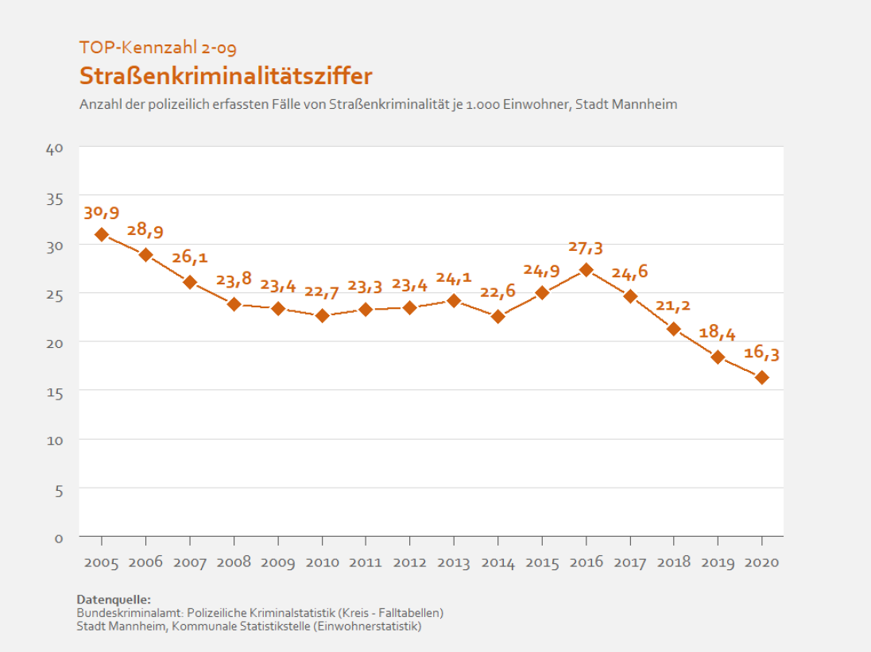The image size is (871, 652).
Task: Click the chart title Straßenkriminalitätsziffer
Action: pyautogui.click(x=226, y=76)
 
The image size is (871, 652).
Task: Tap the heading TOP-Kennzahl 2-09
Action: pyautogui.click(x=157, y=48)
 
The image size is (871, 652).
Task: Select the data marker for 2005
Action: pyautogui.click(x=102, y=234)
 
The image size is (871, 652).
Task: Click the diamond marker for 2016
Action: pyautogui.click(x=586, y=269)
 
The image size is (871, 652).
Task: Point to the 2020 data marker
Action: pyautogui.click(x=761, y=377)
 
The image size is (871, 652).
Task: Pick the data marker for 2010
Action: pyautogui.click(x=322, y=315)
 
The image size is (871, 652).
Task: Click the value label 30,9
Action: pyautogui.click(x=101, y=213)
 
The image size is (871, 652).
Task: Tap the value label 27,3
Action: pyautogui.click(x=586, y=248)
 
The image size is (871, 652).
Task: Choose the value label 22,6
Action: pyautogui.click(x=497, y=291)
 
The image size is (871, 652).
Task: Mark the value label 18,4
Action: pyautogui.click(x=718, y=333)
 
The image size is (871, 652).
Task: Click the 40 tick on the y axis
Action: pyautogui.click(x=55, y=148)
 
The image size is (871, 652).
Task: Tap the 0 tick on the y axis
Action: pyautogui.click(x=59, y=538)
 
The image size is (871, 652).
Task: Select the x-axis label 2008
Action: pyautogui.click(x=234, y=562)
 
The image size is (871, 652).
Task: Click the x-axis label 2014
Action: pyautogui.click(x=497, y=563)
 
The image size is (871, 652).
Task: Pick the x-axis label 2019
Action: pyautogui.click(x=718, y=562)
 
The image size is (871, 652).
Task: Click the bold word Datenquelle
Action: pyautogui.click(x=113, y=599)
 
